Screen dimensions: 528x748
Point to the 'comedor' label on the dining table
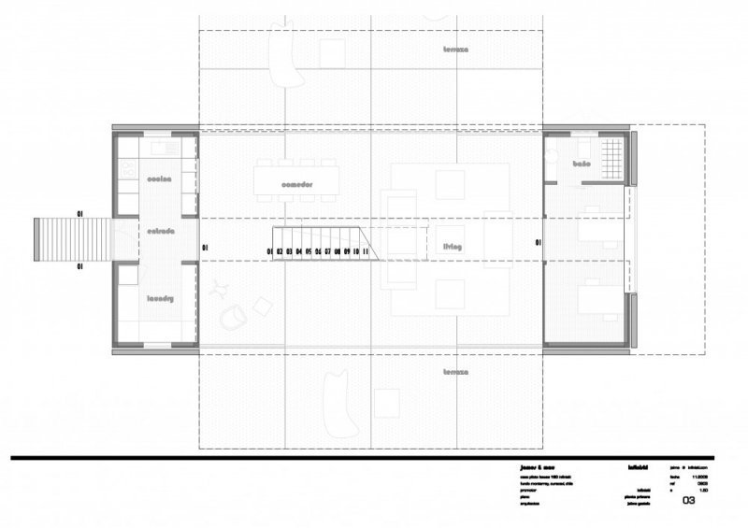pos(295,184)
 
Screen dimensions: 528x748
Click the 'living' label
pos(453,246)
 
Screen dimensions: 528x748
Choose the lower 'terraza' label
pos(455,371)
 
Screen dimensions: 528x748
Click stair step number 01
pos(270,251)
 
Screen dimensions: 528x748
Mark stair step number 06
pos(318,251)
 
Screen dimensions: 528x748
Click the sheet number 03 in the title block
pos(689,501)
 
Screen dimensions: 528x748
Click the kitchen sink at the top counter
pos(156,147)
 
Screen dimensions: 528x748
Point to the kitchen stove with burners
pos(128,169)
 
